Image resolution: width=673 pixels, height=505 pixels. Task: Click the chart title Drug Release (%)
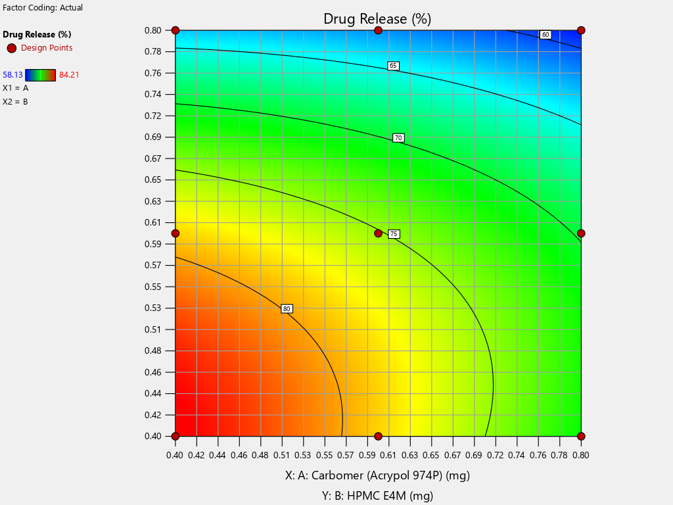click(x=377, y=18)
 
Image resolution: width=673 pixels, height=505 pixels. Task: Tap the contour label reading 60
click(x=545, y=34)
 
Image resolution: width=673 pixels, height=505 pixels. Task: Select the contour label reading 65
click(x=393, y=66)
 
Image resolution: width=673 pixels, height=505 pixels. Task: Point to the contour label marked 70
click(x=398, y=138)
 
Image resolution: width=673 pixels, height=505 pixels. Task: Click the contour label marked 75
click(x=394, y=234)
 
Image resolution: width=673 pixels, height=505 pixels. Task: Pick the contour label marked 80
click(x=287, y=308)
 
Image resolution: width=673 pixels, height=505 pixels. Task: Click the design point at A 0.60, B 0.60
click(x=378, y=233)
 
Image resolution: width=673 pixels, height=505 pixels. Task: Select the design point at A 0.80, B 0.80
click(x=581, y=30)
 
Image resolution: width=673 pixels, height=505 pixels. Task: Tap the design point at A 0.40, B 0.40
click(x=175, y=436)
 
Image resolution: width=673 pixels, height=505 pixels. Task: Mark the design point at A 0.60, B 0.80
click(x=378, y=30)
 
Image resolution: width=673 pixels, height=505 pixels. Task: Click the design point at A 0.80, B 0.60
click(x=581, y=233)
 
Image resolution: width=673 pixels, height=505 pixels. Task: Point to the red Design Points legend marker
click(x=11, y=48)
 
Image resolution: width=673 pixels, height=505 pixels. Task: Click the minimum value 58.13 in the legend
click(x=13, y=75)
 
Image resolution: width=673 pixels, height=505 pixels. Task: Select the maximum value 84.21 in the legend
click(x=69, y=75)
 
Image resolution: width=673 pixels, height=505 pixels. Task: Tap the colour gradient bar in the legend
click(x=40, y=75)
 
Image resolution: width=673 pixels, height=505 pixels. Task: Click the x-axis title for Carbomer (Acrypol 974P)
click(x=377, y=475)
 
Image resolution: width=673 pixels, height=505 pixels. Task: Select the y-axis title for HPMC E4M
click(x=377, y=496)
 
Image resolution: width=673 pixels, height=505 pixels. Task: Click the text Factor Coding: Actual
click(x=43, y=8)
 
